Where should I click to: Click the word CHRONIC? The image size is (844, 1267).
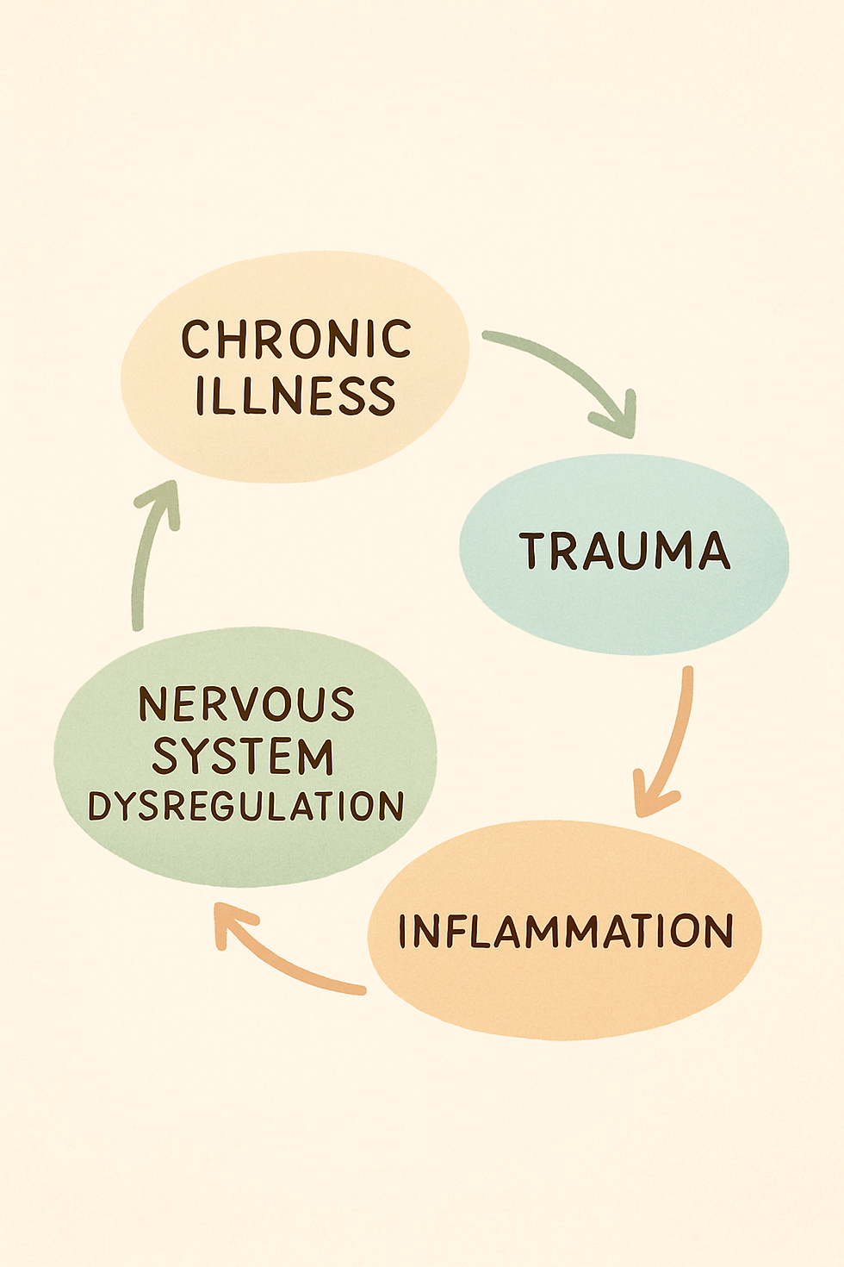[295, 340]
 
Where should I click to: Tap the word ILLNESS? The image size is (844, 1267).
[295, 396]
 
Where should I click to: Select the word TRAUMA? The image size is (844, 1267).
[624, 552]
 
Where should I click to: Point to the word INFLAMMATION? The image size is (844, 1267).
[565, 932]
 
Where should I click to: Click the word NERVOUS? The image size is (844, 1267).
[246, 705]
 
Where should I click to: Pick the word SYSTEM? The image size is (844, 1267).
[243, 757]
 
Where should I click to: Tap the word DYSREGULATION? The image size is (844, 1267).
[245, 807]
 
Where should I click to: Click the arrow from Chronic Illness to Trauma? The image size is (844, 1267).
[560, 362]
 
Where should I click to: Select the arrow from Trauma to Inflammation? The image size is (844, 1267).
[676, 733]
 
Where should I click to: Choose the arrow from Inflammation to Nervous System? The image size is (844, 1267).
[284, 957]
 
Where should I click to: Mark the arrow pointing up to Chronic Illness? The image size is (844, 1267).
[145, 560]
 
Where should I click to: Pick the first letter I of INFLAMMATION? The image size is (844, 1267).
[404, 932]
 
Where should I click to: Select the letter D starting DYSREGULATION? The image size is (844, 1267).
[98, 807]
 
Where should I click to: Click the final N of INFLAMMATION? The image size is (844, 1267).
[717, 932]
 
